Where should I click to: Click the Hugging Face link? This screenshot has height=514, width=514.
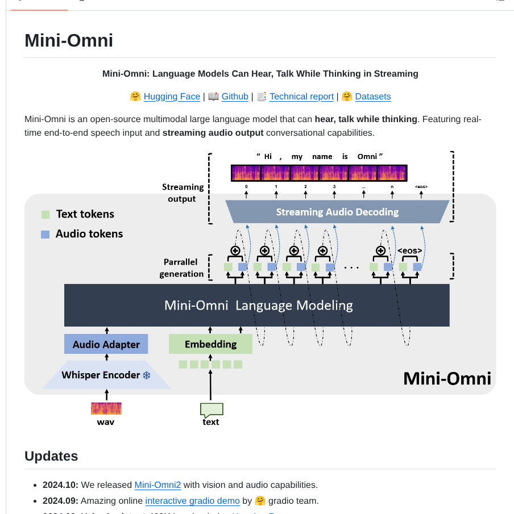pos(172,97)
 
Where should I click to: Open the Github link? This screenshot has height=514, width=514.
pos(235,97)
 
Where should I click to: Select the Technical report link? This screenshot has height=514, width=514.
pos(301,97)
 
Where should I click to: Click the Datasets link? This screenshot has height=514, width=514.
pos(372,97)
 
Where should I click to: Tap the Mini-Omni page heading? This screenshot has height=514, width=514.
pos(69,40)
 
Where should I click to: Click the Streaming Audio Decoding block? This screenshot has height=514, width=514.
pos(337,212)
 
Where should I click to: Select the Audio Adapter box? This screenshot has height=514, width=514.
pos(106,344)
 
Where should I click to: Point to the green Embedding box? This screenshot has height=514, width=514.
pos(210,344)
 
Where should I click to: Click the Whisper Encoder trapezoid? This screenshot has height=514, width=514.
pos(106,375)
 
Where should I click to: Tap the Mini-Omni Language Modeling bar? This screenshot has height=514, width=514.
pos(257,305)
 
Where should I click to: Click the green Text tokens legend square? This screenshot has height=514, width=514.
pos(45,215)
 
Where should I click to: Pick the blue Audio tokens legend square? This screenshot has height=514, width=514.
pos(45,234)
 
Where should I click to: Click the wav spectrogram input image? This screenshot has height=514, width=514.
pos(106,408)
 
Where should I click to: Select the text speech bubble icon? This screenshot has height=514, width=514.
pos(211,409)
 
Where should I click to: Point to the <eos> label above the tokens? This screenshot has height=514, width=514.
pos(409,250)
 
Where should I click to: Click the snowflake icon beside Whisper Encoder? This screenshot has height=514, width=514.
pos(146,375)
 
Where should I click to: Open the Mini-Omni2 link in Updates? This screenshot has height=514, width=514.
pos(157,485)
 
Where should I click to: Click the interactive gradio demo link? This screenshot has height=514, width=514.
pos(192,501)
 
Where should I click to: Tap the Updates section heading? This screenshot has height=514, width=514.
pos(51,456)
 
